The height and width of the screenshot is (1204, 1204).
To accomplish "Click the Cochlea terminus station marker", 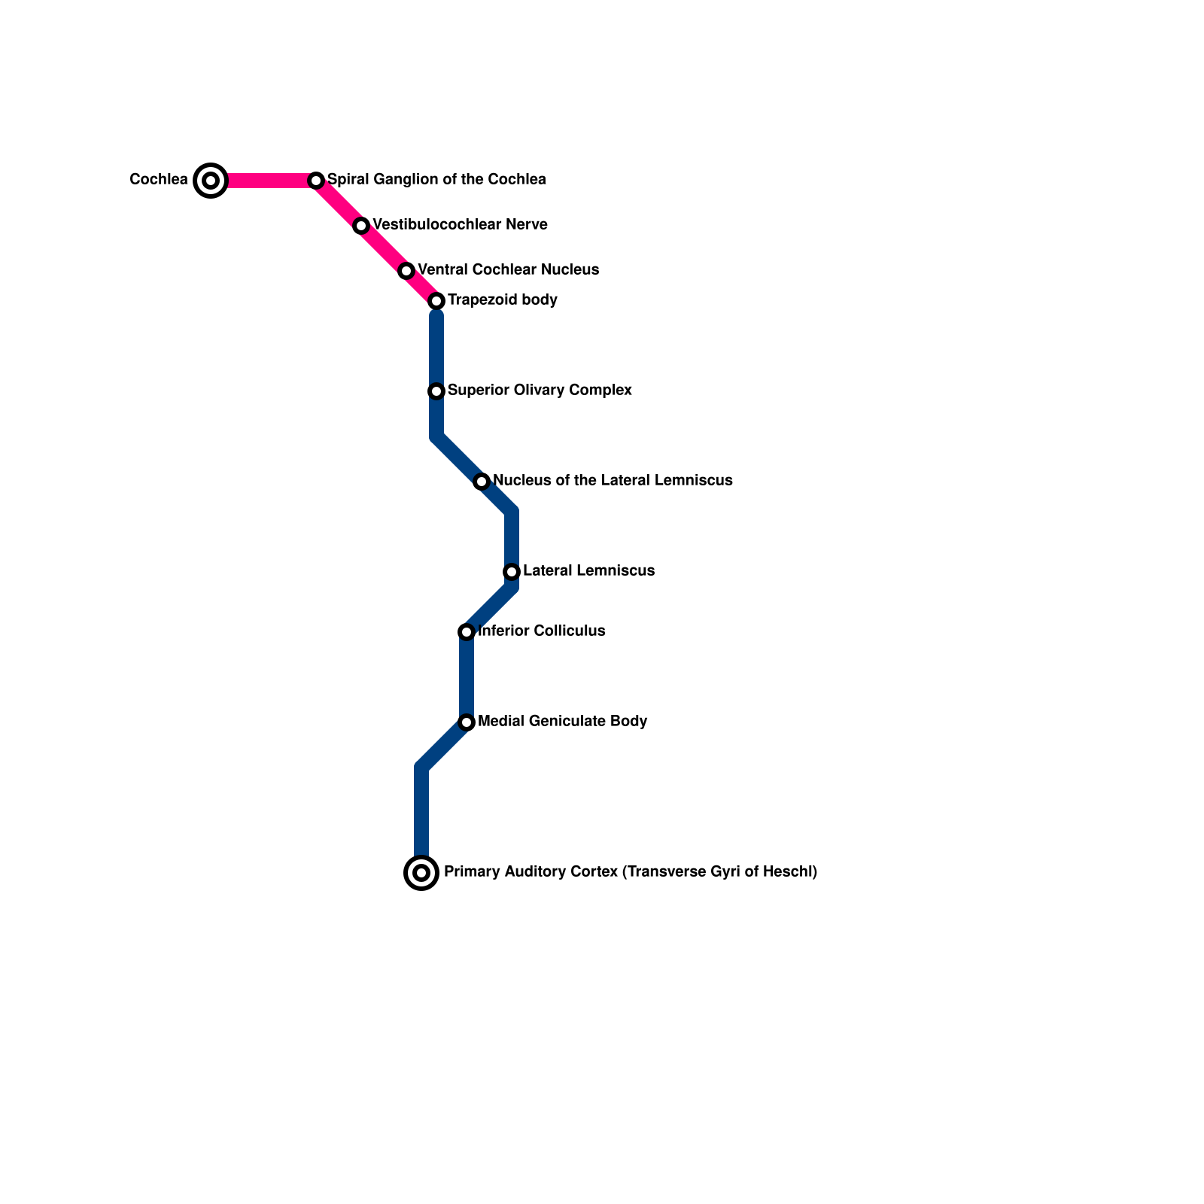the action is point(211,181).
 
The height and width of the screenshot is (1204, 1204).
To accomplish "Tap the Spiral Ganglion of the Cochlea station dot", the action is point(316,181).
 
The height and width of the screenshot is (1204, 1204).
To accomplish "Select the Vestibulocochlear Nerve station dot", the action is point(361,226).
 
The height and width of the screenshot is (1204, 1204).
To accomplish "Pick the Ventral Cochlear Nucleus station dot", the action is point(406,271).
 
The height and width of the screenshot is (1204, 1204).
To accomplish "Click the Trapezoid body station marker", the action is point(436,301).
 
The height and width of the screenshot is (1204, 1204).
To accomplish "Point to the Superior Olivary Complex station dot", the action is point(436,391).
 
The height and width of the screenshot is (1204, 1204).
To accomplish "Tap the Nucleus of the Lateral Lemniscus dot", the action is point(482,482).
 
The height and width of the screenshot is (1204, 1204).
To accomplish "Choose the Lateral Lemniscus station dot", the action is point(512,572).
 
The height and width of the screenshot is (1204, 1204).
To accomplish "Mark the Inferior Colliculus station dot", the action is point(467,632).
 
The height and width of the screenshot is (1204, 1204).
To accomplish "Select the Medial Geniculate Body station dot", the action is point(467,722).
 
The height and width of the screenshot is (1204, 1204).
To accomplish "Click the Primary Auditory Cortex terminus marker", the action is point(421,873).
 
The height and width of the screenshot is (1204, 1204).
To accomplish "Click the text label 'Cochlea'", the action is point(159,180).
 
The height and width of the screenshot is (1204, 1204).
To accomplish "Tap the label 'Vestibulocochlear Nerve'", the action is point(460,225).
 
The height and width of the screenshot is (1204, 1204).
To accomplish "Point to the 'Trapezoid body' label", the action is point(503,300).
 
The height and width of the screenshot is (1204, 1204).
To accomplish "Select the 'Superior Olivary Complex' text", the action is point(540,391).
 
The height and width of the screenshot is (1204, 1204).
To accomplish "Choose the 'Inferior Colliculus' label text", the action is point(542,631).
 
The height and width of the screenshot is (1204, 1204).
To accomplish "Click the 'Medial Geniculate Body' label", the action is point(563,722).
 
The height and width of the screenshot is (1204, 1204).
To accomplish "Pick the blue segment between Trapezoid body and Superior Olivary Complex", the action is point(436,346).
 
